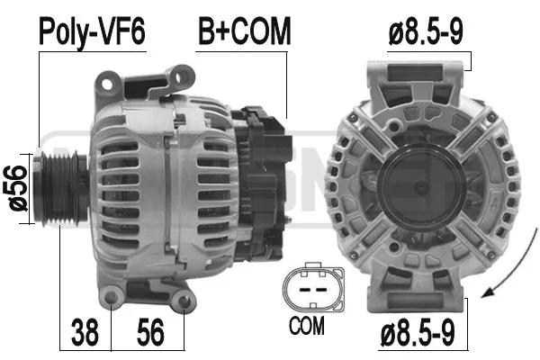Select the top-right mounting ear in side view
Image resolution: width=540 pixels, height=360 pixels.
(184, 75)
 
